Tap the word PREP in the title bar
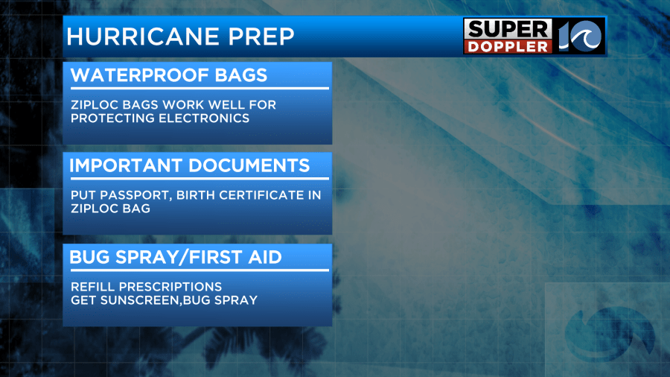[x=261, y=37]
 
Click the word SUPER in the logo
[x=508, y=30]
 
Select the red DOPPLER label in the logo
[x=508, y=47]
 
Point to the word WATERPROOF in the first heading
[x=140, y=75]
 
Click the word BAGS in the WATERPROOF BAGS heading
[x=241, y=75]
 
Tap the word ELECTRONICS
[x=204, y=118]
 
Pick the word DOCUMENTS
[x=249, y=165]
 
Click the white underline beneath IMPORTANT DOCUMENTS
[x=200, y=178]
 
